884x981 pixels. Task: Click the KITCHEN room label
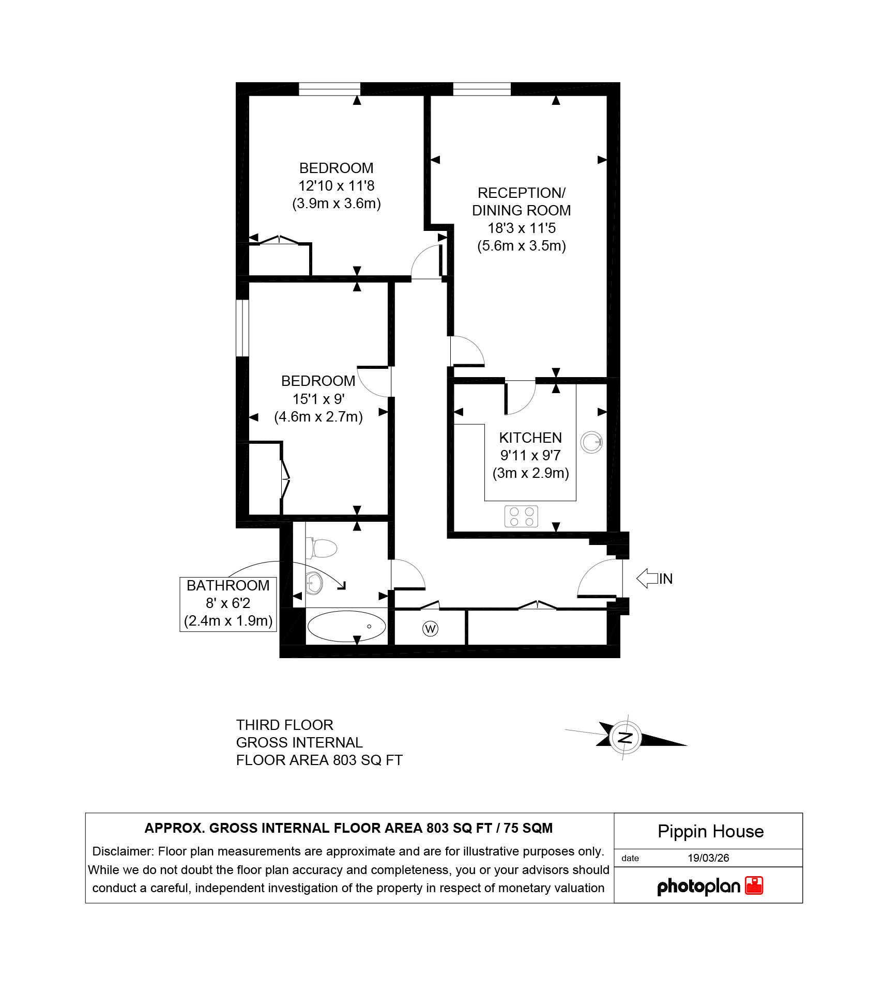pyautogui.click(x=530, y=438)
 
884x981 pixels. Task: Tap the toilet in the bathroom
pyautogui.click(x=321, y=548)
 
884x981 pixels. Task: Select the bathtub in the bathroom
pyautogui.click(x=346, y=626)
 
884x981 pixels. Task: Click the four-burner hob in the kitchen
pyautogui.click(x=521, y=517)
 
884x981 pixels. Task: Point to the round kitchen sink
pyautogui.click(x=591, y=442)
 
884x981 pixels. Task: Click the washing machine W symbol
pyautogui.click(x=430, y=629)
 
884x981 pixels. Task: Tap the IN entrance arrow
pyautogui.click(x=647, y=578)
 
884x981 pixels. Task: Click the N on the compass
pyautogui.click(x=626, y=737)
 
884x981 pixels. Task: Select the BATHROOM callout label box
pyautogui.click(x=228, y=604)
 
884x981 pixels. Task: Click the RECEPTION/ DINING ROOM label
pyautogui.click(x=521, y=201)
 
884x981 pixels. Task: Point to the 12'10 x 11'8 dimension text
pyautogui.click(x=336, y=185)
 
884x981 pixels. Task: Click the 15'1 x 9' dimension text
pyautogui.click(x=318, y=399)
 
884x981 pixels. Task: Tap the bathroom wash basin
pyautogui.click(x=314, y=583)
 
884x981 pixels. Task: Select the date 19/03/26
pyautogui.click(x=708, y=858)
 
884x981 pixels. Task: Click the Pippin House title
pyautogui.click(x=710, y=831)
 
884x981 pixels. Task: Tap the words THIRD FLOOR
pyautogui.click(x=285, y=725)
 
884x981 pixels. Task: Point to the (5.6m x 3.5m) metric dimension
pyautogui.click(x=521, y=245)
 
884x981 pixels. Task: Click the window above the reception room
pyautogui.click(x=482, y=89)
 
